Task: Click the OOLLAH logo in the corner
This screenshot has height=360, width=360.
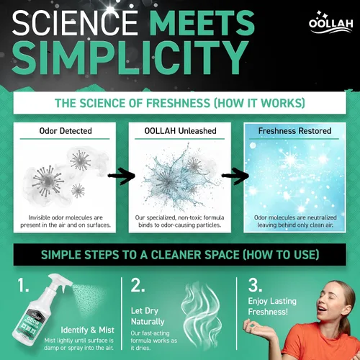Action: (330, 22)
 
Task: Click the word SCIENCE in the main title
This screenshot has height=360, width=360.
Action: (75, 24)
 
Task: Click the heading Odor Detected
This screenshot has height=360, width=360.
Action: (66, 131)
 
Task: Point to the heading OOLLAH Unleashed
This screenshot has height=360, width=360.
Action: (180, 131)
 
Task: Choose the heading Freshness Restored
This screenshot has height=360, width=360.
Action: (294, 131)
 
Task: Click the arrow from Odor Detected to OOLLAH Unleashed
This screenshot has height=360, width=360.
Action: (122, 176)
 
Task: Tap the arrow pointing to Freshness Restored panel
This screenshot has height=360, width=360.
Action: (235, 176)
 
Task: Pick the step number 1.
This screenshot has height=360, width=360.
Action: (23, 285)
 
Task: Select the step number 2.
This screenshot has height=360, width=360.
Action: (138, 285)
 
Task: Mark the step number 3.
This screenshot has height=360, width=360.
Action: (255, 285)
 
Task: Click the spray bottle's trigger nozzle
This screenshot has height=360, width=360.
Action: (60, 282)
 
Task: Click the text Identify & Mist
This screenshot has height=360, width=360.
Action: (87, 330)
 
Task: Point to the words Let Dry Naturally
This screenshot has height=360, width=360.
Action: (148, 316)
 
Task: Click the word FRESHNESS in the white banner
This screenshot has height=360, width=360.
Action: (178, 103)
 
